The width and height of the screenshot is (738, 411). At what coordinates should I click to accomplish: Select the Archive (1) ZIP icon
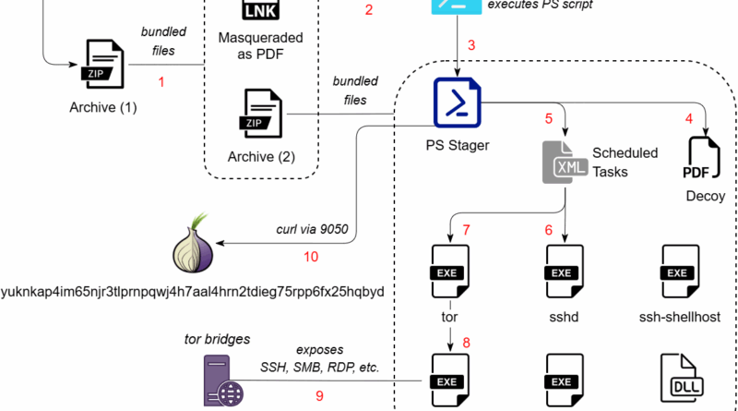click(102, 64)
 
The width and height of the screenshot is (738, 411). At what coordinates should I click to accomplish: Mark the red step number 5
click(548, 118)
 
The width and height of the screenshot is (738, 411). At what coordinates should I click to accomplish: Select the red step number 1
click(161, 82)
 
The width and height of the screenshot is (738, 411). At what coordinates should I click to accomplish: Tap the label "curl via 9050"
click(313, 229)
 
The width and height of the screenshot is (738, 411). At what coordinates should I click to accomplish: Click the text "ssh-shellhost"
click(679, 316)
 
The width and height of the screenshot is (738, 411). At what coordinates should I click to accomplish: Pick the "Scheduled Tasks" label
click(625, 162)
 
